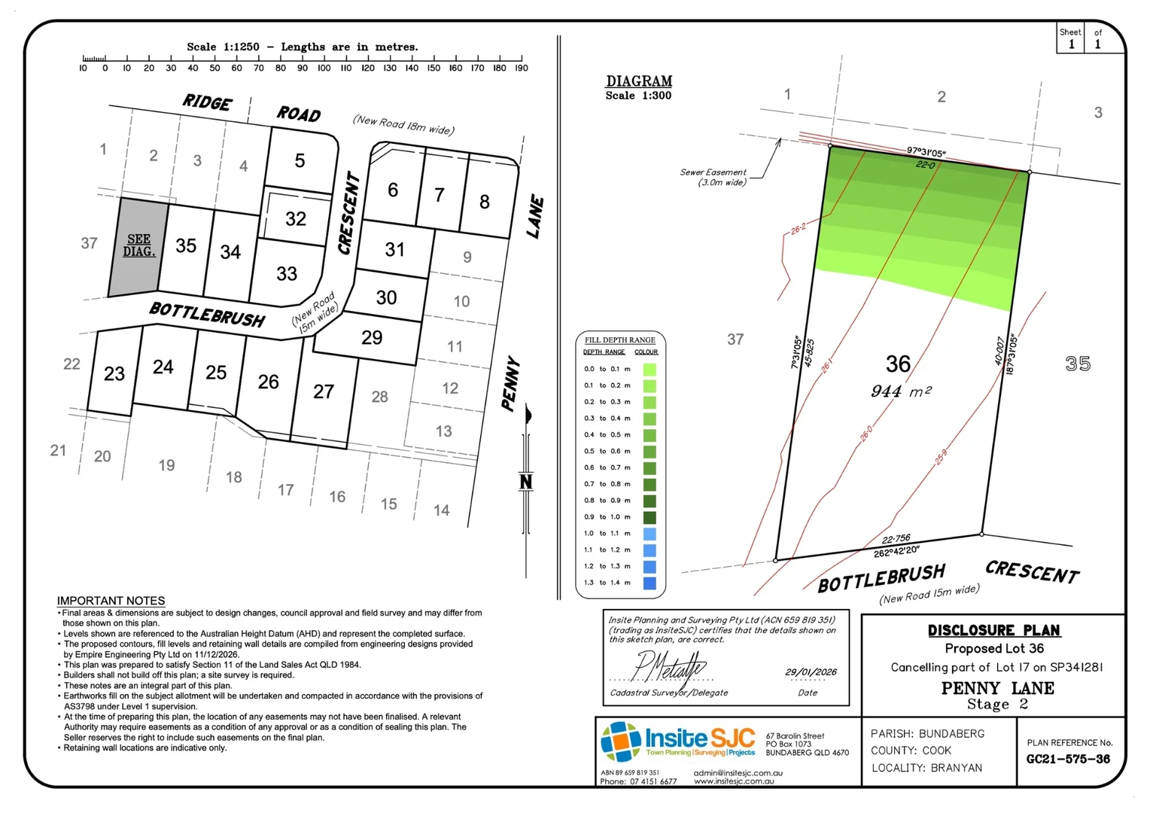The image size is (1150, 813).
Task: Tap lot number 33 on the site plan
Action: coord(287,273)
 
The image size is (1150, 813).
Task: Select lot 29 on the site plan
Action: coord(372,337)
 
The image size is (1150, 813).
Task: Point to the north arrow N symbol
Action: coord(526,481)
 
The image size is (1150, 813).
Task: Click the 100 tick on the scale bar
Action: coord(324,59)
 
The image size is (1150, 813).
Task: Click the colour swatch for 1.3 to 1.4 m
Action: coord(649,583)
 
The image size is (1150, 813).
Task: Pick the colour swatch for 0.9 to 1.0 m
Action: coord(649,517)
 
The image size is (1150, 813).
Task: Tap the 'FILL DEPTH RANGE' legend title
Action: coord(620,340)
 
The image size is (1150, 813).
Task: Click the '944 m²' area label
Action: coord(901,391)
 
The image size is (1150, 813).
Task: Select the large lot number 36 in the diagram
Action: coord(898,364)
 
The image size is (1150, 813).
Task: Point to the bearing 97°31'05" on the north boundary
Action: coord(926,153)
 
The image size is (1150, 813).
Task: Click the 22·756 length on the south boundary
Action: coord(896,539)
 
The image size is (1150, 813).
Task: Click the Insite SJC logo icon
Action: coord(621,741)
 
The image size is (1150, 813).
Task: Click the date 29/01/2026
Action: coord(811,671)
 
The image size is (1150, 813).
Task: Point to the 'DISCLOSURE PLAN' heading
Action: coord(993,630)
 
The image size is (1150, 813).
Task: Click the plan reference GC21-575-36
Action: coord(1068,759)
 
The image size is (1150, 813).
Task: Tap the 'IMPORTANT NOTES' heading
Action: coord(111,601)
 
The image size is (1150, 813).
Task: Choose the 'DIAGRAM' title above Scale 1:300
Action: coord(639,81)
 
